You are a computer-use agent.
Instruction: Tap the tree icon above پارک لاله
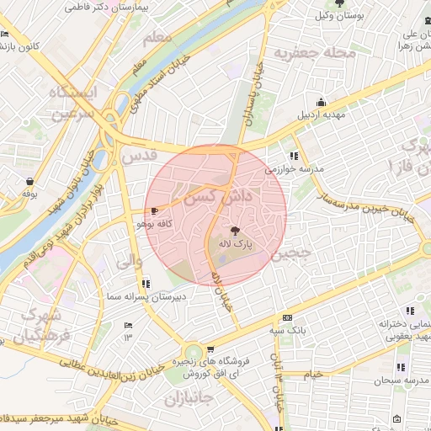coord(234,230)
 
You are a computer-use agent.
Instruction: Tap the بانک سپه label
coord(288,331)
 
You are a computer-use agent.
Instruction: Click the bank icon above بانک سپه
coord(288,318)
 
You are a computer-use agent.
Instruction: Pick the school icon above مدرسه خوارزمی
coord(294,155)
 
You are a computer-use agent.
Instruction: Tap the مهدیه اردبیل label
coord(321,114)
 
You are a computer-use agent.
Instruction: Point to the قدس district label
coord(139,156)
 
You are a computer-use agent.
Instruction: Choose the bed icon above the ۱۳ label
coord(129,325)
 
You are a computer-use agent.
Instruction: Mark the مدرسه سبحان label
coord(401,381)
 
